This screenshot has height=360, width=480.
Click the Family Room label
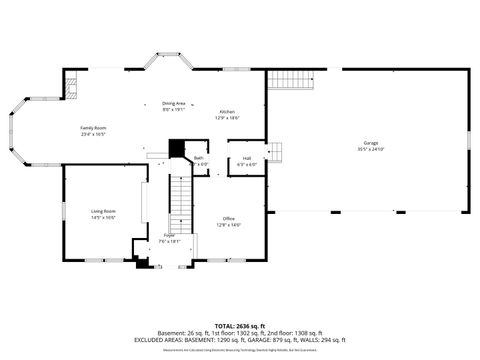point(93,128)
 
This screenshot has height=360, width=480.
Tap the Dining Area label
point(174,103)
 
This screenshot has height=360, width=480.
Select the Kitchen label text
point(227,111)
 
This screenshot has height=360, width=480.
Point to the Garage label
point(371,144)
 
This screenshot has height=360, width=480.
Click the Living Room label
point(103,211)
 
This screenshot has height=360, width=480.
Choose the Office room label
point(229,218)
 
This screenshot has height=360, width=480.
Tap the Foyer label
point(170,235)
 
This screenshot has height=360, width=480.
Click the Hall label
point(246,158)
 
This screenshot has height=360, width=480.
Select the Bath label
point(199,158)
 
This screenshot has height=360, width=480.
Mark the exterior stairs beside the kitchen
point(291,81)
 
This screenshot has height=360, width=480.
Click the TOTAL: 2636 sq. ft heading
point(240,326)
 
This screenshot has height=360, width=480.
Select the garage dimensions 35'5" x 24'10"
point(371,150)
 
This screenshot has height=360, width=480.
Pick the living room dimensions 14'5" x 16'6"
point(103,217)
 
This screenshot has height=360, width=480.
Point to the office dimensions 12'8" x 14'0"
point(229,225)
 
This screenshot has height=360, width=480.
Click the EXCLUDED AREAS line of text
point(240,340)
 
